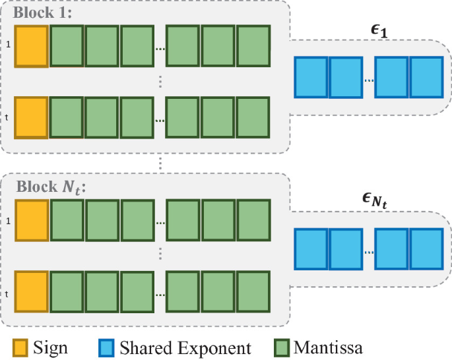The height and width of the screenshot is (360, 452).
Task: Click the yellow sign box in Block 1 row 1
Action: pyautogui.click(x=32, y=46)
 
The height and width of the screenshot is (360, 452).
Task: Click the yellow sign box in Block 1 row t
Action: pyautogui.click(x=32, y=117)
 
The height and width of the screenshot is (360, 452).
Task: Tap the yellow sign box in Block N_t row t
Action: pyautogui.click(x=32, y=291)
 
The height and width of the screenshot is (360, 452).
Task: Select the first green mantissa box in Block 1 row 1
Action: pyautogui.click(x=67, y=46)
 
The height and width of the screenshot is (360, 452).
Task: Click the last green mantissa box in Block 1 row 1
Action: pyautogui.click(x=253, y=46)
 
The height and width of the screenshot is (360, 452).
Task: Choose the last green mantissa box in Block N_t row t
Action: pyautogui.click(x=253, y=291)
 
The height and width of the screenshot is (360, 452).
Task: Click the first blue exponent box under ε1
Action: pyautogui.click(x=311, y=78)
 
